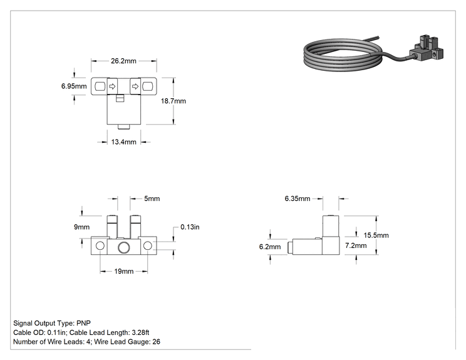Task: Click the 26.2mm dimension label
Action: pos(123,61)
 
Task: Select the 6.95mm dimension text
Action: pos(74,86)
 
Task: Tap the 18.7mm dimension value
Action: pos(173,101)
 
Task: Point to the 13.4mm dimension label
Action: pos(123,142)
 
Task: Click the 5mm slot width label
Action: pos(152,198)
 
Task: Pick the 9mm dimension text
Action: pos(81,227)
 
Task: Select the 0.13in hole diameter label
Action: pos(190,227)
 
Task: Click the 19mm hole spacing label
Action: pos(123,271)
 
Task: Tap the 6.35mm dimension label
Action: pos(297,198)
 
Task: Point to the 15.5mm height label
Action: pos(376,235)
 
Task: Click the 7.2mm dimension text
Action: pos(356,245)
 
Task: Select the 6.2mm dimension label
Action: pos(270,247)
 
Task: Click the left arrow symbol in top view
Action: pos(112,86)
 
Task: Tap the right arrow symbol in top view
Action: pos(135,86)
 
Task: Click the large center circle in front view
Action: pos(123,247)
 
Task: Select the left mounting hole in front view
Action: pos(100,246)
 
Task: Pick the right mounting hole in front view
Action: pos(148,246)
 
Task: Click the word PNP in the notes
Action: pos(83,323)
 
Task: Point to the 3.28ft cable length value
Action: pos(140,332)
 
